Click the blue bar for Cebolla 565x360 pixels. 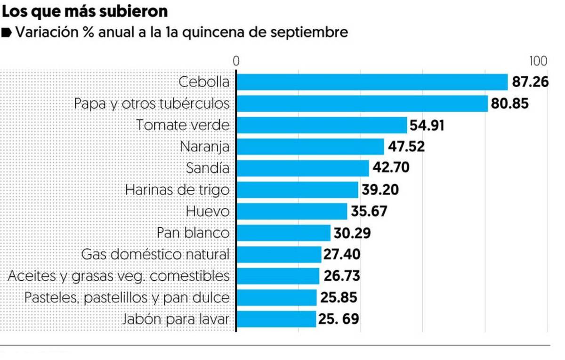[372, 82]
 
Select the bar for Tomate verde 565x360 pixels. [321, 125]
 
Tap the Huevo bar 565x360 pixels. [291, 211]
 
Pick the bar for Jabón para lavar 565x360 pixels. [276, 319]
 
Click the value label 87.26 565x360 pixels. [530, 82]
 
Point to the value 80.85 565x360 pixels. [509, 103]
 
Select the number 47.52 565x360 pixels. [406, 147]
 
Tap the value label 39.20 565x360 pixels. [380, 189]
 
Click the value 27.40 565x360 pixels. [342, 254]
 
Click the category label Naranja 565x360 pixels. [205, 147]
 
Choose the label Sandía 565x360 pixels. [208, 168]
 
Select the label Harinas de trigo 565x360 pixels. [178, 189]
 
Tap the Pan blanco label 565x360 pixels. [193, 233]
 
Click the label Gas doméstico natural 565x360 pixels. [155, 254]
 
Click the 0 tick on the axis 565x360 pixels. [236, 62]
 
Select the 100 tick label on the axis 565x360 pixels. [538, 62]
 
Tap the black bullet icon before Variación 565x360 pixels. [7, 33]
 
